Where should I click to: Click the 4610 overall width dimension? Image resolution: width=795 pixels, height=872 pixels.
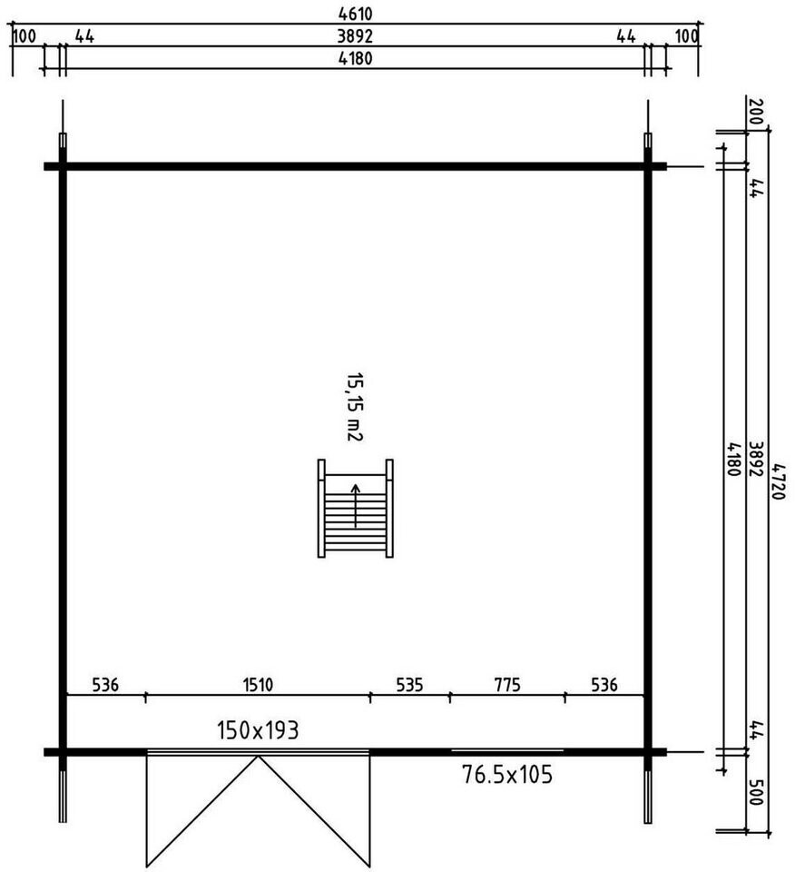click(355, 14)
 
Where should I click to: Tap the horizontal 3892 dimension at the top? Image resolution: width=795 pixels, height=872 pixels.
click(355, 36)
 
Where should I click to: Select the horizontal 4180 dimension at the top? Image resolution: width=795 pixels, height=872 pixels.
click(355, 58)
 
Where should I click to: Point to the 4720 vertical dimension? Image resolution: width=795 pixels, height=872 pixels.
click(779, 481)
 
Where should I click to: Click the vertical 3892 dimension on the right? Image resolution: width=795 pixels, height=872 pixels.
click(756, 459)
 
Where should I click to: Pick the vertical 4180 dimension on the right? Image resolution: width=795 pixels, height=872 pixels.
click(733, 459)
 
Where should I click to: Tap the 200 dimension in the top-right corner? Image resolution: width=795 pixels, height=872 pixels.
click(756, 113)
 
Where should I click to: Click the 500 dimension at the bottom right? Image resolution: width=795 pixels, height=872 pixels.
click(756, 792)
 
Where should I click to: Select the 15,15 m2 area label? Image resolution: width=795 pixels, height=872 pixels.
click(355, 407)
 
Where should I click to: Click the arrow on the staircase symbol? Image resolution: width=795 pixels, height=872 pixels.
click(355, 506)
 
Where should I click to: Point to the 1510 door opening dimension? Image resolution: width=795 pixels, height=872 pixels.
click(258, 685)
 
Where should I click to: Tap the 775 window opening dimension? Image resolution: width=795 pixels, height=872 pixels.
click(507, 685)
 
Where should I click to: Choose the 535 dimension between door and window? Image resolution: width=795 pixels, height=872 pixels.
click(409, 685)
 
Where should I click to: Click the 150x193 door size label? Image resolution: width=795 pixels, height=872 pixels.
click(258, 730)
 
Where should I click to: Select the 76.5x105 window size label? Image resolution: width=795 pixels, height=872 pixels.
click(507, 774)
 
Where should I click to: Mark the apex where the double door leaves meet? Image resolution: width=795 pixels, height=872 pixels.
click(258, 757)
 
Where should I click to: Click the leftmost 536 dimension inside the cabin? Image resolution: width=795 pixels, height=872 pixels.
click(105, 685)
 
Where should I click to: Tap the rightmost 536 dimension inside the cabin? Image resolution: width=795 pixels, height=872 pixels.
click(604, 685)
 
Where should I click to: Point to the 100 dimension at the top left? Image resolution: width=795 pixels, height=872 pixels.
click(24, 36)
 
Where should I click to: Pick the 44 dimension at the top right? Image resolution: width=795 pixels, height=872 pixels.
click(626, 36)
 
